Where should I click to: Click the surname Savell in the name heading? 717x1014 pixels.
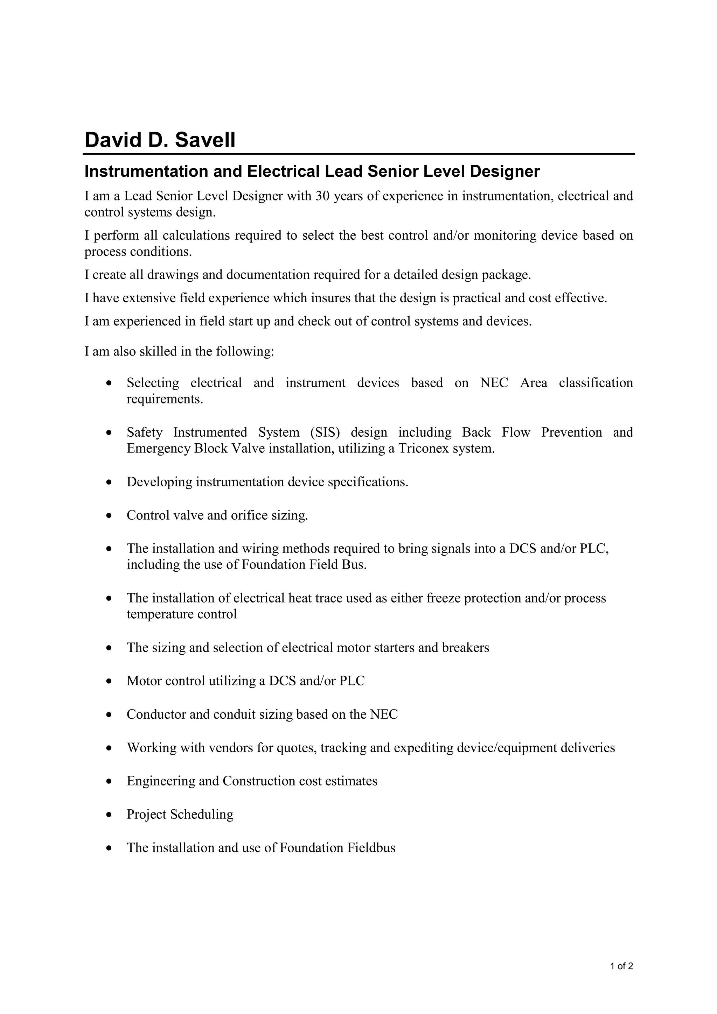(205, 140)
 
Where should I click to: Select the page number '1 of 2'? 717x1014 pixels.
(621, 966)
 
